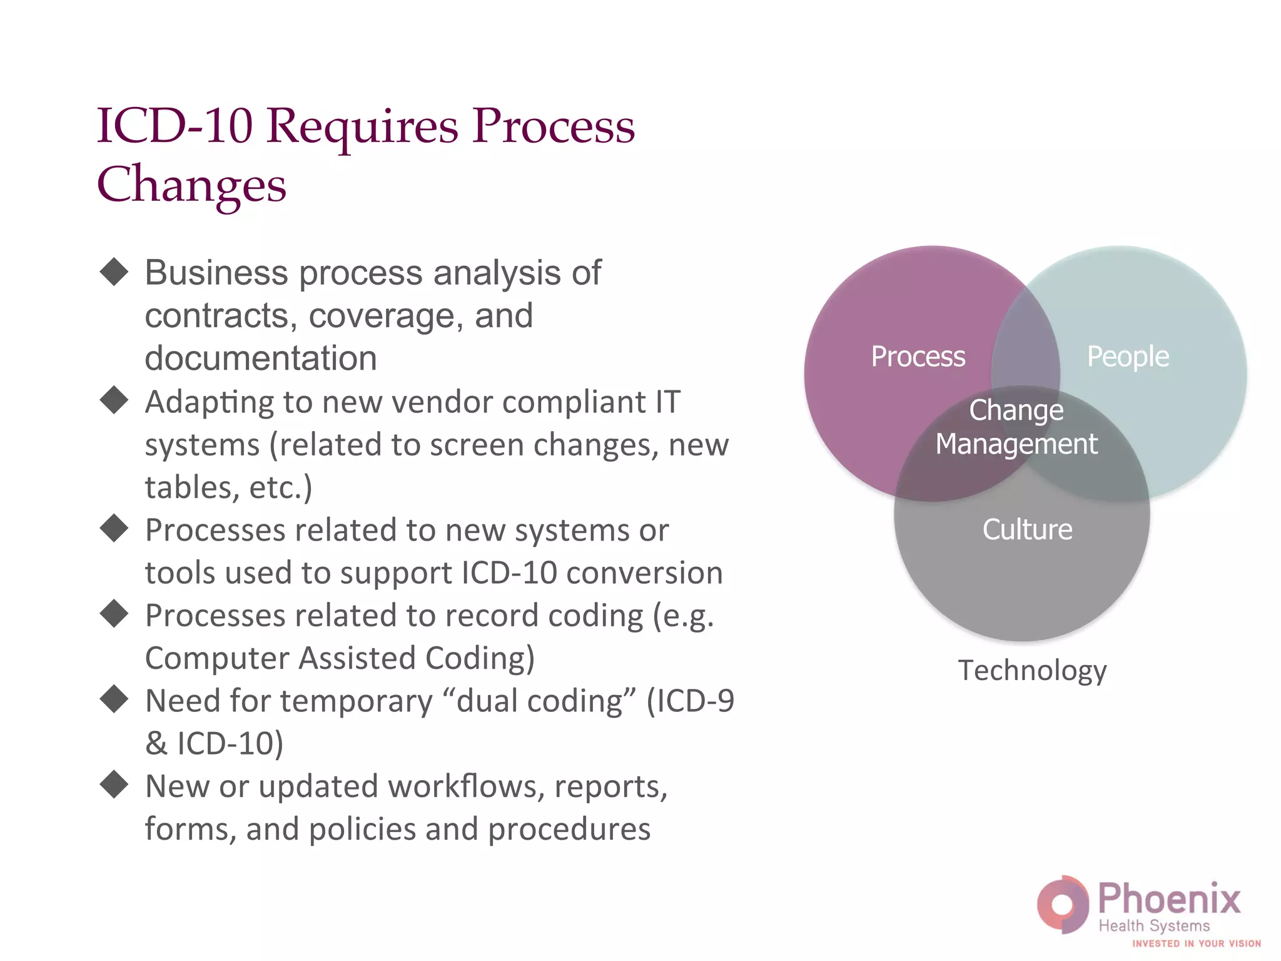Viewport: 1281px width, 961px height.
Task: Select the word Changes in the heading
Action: (x=191, y=185)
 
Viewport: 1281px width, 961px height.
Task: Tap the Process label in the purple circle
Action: (x=918, y=357)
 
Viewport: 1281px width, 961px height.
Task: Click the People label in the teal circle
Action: (x=1127, y=357)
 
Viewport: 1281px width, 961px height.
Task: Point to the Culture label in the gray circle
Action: (x=1027, y=529)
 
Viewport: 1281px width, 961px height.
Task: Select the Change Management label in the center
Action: (x=1016, y=427)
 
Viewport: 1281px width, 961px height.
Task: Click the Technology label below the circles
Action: (x=1032, y=671)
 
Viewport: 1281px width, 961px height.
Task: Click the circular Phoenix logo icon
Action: (x=1063, y=904)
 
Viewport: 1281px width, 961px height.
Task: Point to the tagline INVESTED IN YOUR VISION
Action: (x=1196, y=943)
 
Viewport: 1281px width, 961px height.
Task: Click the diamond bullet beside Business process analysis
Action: (x=114, y=272)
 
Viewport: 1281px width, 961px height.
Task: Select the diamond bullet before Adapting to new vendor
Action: (x=114, y=400)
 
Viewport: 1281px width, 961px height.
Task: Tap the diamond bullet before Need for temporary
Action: (x=114, y=699)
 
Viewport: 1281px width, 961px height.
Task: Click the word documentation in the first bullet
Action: (x=261, y=358)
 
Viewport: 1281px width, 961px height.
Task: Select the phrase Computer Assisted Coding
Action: (x=340, y=658)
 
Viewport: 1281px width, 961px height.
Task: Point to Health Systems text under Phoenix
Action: (x=1154, y=926)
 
